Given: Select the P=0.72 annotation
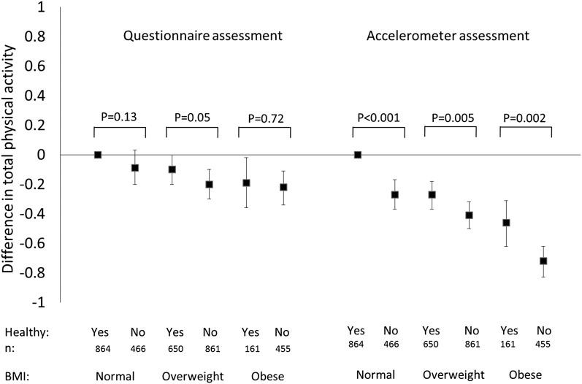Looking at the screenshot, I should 264,118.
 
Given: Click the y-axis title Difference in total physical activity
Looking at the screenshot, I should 10,155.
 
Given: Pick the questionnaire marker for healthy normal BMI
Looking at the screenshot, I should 98,155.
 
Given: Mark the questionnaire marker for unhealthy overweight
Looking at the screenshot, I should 189,185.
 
